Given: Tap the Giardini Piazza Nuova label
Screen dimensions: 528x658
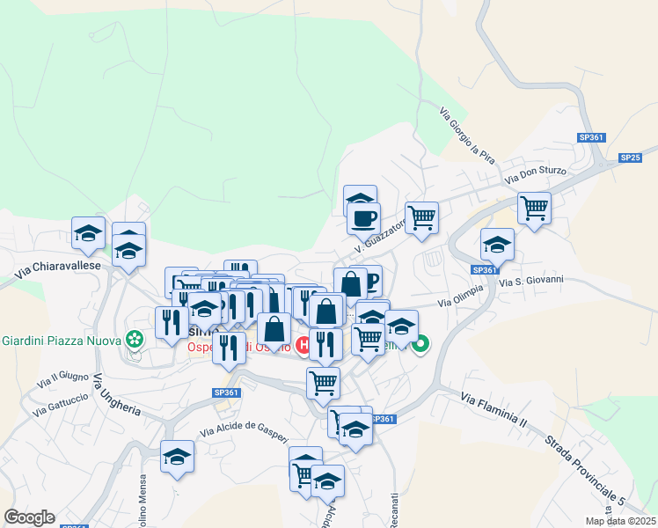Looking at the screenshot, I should [x=61, y=341].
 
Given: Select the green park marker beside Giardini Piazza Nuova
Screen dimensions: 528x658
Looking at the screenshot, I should [x=134, y=338].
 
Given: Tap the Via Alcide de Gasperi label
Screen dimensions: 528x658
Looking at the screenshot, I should [x=244, y=427].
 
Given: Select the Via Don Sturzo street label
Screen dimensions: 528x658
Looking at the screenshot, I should [x=536, y=173].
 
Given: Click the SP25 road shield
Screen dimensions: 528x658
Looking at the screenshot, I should [x=630, y=158].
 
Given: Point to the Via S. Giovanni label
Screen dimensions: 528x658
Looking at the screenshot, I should [x=530, y=282].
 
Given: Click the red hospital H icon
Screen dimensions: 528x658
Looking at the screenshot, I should [x=303, y=345].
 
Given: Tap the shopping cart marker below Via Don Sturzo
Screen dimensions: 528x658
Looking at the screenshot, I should [x=534, y=209].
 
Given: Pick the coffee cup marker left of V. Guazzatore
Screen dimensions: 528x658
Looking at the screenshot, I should [x=363, y=216].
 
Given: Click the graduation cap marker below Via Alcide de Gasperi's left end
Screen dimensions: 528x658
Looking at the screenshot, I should [x=177, y=457].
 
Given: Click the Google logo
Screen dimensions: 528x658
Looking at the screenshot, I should [x=29, y=517].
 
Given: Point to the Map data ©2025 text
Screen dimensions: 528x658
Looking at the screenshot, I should [x=619, y=521].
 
